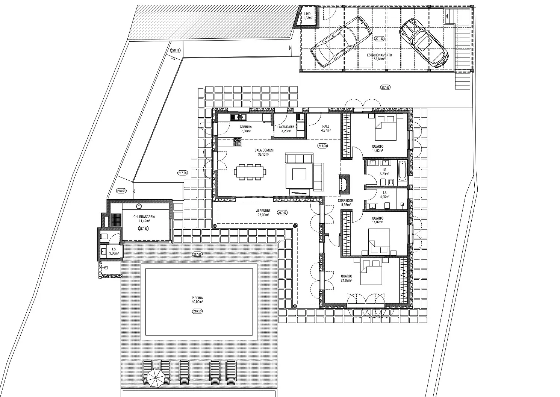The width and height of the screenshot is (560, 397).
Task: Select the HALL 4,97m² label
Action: coord(326,128)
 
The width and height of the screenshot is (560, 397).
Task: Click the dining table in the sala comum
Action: coord(250,172)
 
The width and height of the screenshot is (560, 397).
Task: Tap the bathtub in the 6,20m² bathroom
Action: coord(402,171)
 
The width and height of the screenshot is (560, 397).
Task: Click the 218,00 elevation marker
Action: coord(322,145)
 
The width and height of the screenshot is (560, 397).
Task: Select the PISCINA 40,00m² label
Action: coord(197,300)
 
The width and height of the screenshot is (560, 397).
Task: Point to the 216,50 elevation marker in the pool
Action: coord(197,311)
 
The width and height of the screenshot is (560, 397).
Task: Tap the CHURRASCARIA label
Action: coord(144,217)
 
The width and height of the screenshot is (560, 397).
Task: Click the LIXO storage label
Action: coord(307,14)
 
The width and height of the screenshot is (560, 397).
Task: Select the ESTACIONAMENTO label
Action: coord(379,55)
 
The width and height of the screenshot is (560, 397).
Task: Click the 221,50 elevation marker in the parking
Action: coord(379,39)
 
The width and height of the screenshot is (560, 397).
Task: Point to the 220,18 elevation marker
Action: coord(175,50)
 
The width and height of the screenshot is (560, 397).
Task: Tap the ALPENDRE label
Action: coord(263,211)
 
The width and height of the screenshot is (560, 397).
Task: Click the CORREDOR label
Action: coord(345,200)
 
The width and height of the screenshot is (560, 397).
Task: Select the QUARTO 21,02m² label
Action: coord(347,278)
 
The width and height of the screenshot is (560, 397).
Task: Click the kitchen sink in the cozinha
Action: coord(238,117)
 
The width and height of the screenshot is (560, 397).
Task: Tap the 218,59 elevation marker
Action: coord(121,191)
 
